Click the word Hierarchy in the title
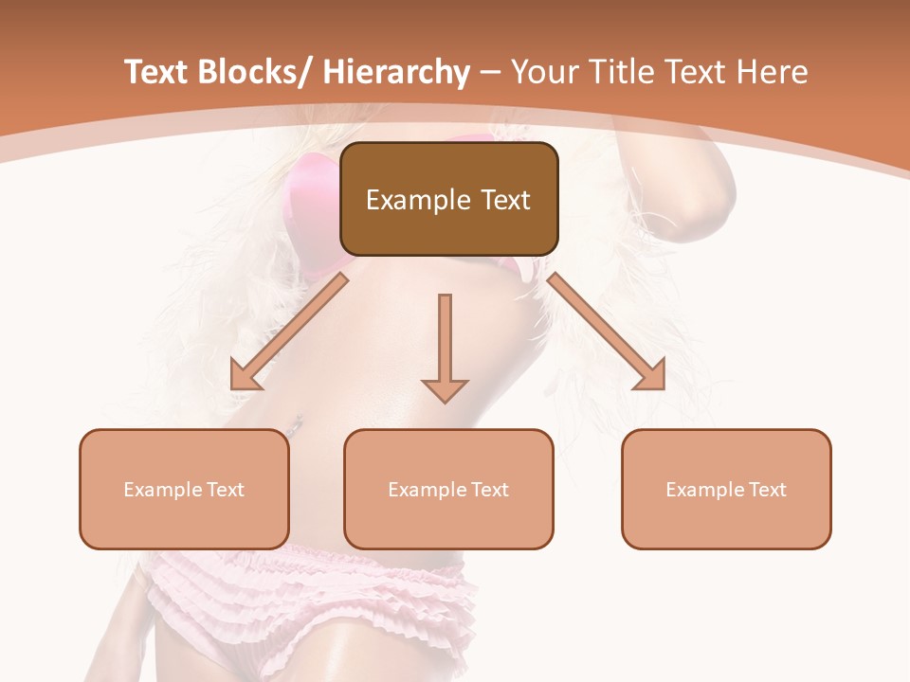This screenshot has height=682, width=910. coord(395,72)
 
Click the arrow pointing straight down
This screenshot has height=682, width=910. coord(445,341)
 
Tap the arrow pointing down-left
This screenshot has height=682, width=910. coord(289,332)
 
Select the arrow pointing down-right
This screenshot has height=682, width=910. coord(607,332)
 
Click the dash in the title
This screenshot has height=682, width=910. coord(490,72)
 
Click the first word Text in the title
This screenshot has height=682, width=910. coord(156,72)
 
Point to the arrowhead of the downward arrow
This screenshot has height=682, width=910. coord(445,389)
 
